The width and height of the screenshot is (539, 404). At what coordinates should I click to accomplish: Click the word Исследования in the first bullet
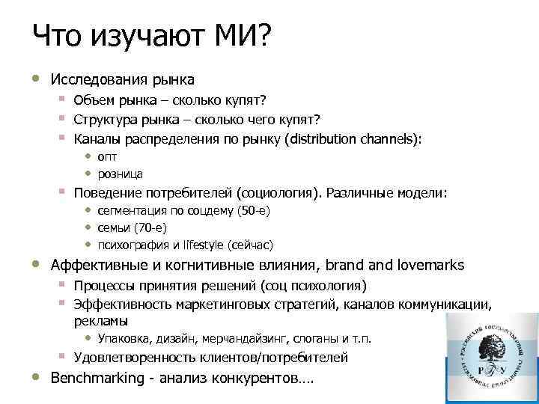point(94,79)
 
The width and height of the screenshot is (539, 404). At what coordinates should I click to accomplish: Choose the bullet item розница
point(120,174)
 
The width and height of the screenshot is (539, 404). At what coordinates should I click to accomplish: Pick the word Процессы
point(104,286)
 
